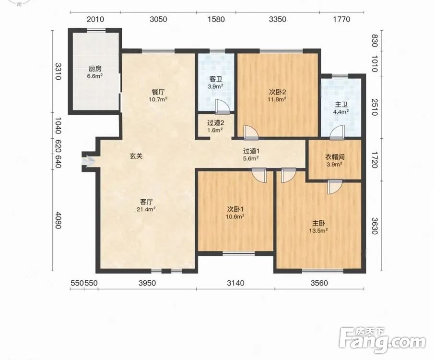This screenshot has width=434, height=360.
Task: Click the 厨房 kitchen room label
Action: pyautogui.click(x=95, y=69)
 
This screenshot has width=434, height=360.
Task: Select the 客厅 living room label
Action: pyautogui.click(x=146, y=202)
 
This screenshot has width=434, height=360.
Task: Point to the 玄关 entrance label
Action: pyautogui.click(x=136, y=156)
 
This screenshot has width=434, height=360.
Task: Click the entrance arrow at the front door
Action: pyautogui.click(x=88, y=161)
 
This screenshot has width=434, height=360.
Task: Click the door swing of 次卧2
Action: pyautogui.click(x=251, y=132)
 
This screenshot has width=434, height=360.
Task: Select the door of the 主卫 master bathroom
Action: pyautogui.click(x=337, y=132)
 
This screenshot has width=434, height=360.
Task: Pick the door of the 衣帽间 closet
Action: pyautogui.click(x=335, y=187)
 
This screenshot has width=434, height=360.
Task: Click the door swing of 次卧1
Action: pyautogui.click(x=259, y=175)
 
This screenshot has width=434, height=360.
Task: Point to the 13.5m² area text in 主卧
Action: pyautogui.click(x=318, y=230)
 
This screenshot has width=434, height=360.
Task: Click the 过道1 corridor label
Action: pyautogui.click(x=251, y=151)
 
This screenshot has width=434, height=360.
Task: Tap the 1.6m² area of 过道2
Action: pyautogui.click(x=215, y=130)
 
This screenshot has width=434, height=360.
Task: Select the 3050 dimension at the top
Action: pyautogui.click(x=158, y=19)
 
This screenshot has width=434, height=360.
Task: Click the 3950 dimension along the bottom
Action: pyautogui.click(x=147, y=283)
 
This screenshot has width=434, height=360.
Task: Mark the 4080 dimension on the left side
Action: pyautogui.click(x=58, y=220)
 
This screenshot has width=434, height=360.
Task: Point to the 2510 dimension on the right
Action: pyautogui.click(x=374, y=107)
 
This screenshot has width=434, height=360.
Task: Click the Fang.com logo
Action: pyautogui.click(x=382, y=340)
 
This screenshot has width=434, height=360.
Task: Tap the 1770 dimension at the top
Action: pyautogui.click(x=341, y=19)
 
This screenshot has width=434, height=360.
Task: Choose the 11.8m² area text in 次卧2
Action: pyautogui.click(x=277, y=99)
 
